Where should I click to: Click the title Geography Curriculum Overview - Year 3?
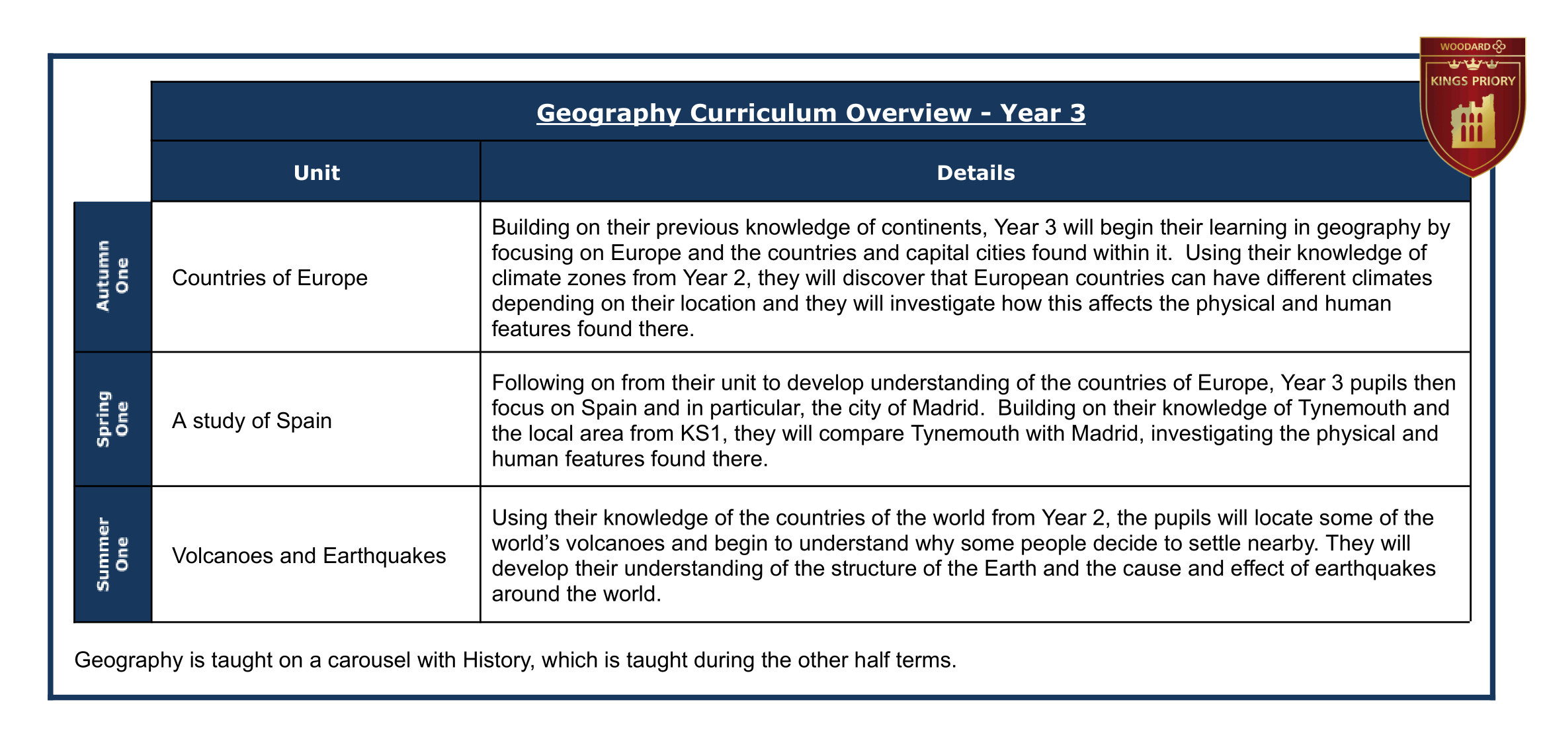[x=810, y=112]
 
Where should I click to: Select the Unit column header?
[x=316, y=173]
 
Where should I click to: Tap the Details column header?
[x=976, y=173]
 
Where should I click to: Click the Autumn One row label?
[x=112, y=276]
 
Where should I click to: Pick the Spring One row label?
[x=112, y=419]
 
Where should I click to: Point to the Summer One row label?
[x=112, y=554]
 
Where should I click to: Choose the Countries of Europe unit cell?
[x=270, y=278]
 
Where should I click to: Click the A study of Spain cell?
[x=251, y=421]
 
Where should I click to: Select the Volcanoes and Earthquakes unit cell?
[x=309, y=556]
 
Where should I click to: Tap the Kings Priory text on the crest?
[x=1473, y=81]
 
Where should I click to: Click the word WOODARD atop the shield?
[x=1465, y=47]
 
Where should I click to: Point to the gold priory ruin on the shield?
[x=1473, y=124]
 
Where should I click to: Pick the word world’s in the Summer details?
[x=526, y=544]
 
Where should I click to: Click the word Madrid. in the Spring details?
[x=948, y=408]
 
